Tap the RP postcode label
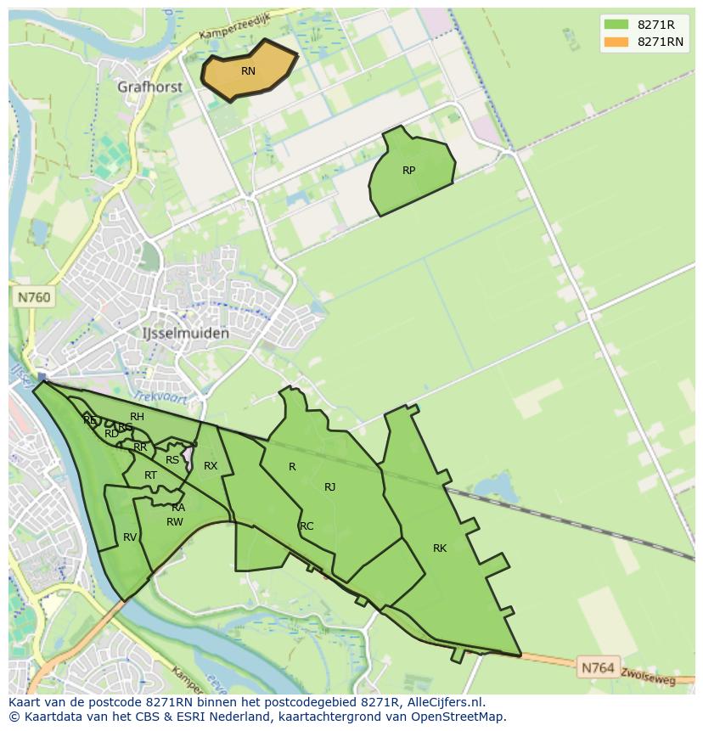[409, 171]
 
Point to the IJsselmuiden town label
[185, 334]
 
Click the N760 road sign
[34, 297]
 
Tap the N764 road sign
[598, 668]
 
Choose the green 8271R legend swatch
[616, 25]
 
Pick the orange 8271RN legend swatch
[616, 42]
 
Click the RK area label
[440, 548]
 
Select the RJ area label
[330, 487]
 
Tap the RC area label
[307, 526]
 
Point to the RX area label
[211, 466]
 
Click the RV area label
[130, 537]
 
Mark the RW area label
[175, 522]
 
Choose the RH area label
[137, 417]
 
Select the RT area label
[150, 475]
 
